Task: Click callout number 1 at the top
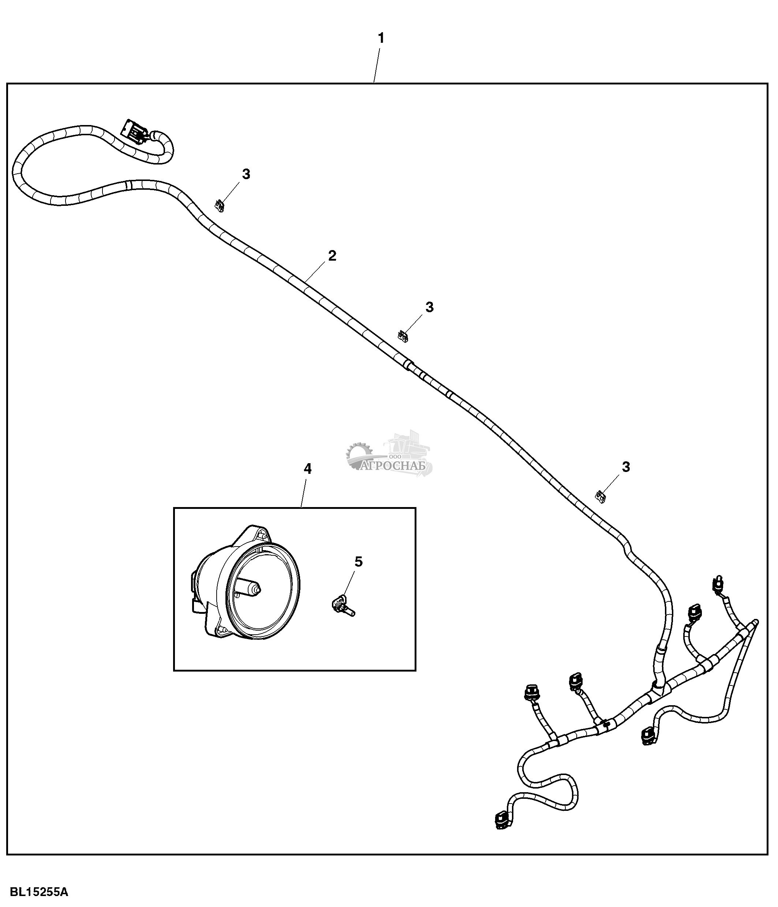[x=381, y=38]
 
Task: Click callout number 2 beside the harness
[x=332, y=256]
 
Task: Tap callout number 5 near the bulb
[x=358, y=562]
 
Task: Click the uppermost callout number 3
[x=246, y=174]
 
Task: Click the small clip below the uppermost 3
[x=220, y=205]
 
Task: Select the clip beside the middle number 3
[x=403, y=336]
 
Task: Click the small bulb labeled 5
[x=343, y=608]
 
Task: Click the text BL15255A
[x=39, y=892]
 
